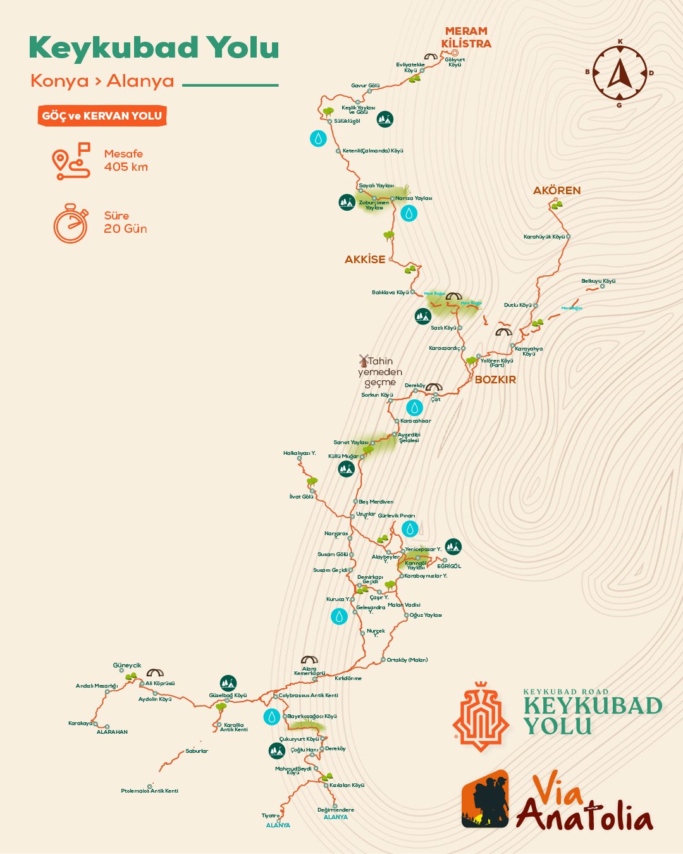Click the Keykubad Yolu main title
click(154, 49)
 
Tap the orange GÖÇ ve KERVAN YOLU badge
click(102, 116)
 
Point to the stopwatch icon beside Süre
click(71, 223)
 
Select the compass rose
click(619, 73)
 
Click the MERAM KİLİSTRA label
click(466, 37)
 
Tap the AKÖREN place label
click(557, 190)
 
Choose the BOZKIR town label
click(495, 380)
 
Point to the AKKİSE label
click(365, 259)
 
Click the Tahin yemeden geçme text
click(380, 372)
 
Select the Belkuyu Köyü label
click(598, 281)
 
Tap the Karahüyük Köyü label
click(544, 237)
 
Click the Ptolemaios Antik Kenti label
click(150, 791)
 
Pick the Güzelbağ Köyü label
click(228, 695)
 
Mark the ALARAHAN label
click(112, 732)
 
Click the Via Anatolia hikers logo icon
click(485, 799)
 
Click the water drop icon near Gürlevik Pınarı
click(410, 529)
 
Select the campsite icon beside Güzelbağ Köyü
click(228, 683)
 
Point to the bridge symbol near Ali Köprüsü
click(155, 673)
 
